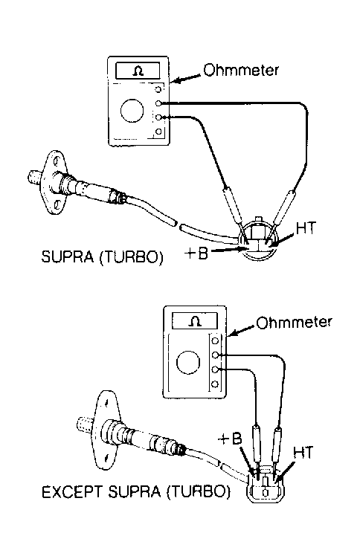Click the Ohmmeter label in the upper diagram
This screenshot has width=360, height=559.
[x=241, y=70]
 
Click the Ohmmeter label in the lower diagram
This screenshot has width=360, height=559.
[x=294, y=323]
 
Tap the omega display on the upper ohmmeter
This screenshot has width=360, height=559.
[x=138, y=71]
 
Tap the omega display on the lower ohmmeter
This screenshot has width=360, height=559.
[x=194, y=321]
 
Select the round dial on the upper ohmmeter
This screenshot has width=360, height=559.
[x=132, y=111]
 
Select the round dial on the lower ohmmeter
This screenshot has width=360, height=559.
[x=188, y=363]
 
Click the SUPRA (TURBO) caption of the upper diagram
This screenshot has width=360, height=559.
[x=103, y=256]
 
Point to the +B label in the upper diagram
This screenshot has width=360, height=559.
[x=196, y=253]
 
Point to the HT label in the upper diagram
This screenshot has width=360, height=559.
[x=306, y=227]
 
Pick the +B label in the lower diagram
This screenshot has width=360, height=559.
[x=230, y=439]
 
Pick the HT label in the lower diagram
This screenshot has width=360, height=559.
[x=303, y=453]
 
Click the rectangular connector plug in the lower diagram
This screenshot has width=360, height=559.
[x=266, y=487]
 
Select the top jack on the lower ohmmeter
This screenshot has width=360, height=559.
[x=215, y=340]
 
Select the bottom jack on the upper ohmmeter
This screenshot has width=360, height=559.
[x=158, y=131]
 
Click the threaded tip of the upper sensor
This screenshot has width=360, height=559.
[x=35, y=177]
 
